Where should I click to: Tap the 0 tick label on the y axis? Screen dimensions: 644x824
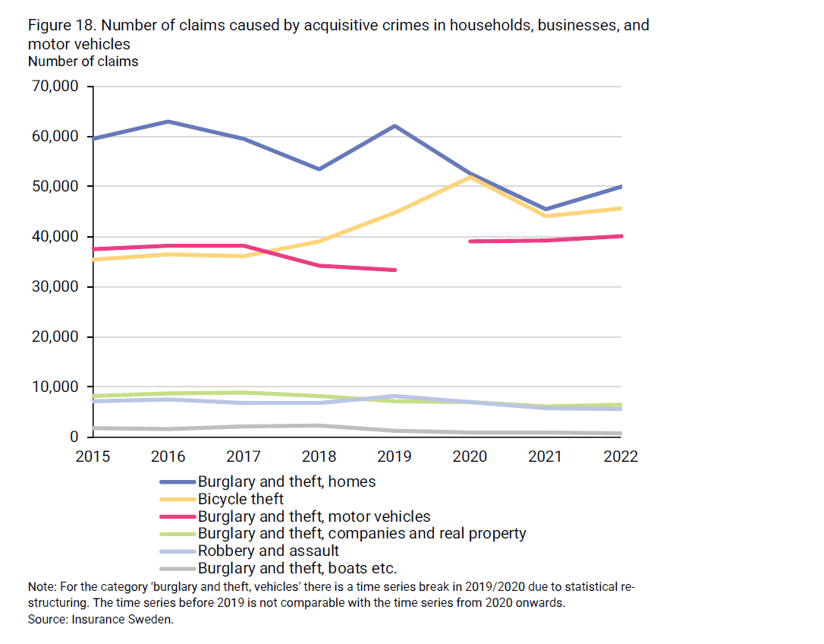click(74, 437)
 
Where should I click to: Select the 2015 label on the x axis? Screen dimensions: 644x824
click(93, 456)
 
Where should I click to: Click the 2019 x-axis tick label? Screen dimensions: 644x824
click(395, 456)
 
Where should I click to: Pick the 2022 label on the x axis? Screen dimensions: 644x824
click(621, 456)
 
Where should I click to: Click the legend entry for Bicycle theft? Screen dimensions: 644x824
click(241, 499)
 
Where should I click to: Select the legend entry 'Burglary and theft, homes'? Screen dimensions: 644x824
click(286, 481)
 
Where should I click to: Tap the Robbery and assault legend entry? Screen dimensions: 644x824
click(268, 551)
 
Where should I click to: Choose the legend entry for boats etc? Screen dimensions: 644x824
click(297, 568)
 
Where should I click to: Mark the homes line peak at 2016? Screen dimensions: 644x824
click(168, 122)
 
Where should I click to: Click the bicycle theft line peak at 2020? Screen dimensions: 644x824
click(470, 177)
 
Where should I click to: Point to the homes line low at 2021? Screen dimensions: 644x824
click(546, 209)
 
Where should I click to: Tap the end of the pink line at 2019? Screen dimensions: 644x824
click(395, 270)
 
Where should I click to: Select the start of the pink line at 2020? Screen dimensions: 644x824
click(471, 241)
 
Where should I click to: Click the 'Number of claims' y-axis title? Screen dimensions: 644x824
click(83, 62)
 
